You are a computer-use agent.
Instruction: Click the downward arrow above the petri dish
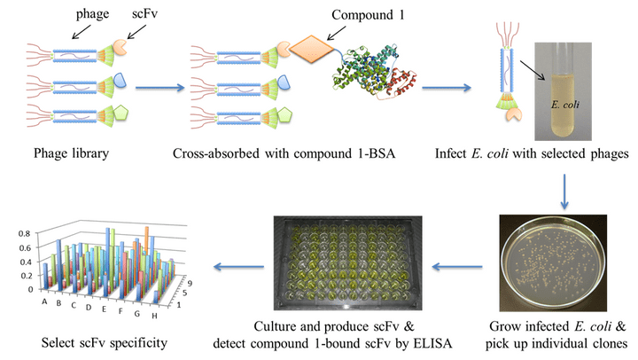[564, 189]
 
